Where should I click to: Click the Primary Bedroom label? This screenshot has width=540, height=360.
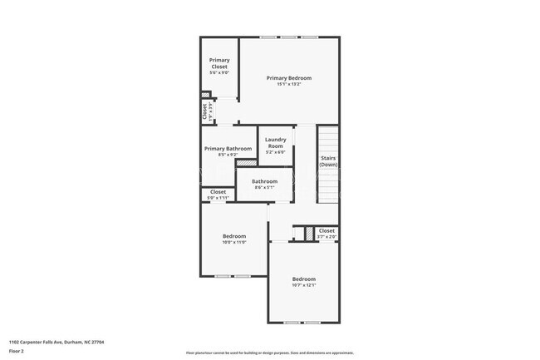pos(288,78)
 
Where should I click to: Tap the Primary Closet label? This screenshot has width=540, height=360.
pos(219,63)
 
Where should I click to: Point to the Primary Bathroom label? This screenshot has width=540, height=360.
pos(228,149)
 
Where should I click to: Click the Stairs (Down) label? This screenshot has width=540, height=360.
pos(328,160)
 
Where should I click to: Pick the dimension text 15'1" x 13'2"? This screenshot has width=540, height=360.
pos(288,85)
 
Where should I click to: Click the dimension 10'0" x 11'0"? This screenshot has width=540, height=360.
pos(233,242)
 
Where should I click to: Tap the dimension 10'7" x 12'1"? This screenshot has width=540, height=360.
pos(303,285)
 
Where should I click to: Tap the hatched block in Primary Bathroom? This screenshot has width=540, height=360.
pos(246,163)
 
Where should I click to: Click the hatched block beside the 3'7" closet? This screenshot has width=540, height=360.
pos(308,234)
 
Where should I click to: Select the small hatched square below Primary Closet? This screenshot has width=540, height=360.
pos(205,95)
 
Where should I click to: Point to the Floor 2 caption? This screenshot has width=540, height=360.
pos(17,352)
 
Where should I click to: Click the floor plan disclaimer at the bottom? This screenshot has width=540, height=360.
pos(269,353)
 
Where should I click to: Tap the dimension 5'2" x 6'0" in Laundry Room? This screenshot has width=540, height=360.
pos(275,152)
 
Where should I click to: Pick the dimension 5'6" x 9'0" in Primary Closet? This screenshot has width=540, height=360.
pos(219,72)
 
